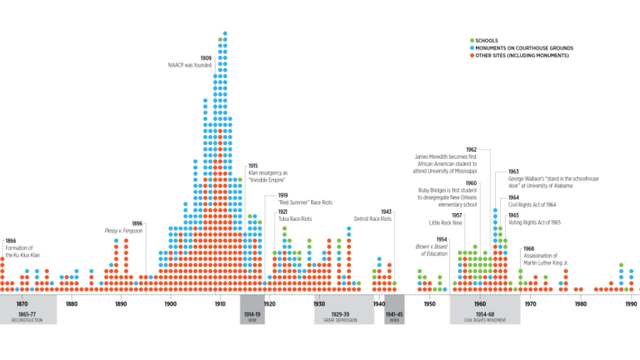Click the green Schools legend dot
tap(471, 41)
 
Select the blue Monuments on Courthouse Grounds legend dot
tap(471, 48)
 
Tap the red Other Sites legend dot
tap(471, 56)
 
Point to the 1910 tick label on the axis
tap(220, 304)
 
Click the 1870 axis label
tap(22, 304)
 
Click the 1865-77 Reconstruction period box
tap(27, 316)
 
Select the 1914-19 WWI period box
tap(252, 316)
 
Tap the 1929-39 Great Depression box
tap(340, 316)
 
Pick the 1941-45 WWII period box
tap(394, 316)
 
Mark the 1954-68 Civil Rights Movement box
tap(485, 316)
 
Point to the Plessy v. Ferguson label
tap(123, 230)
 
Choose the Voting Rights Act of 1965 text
tap(534, 222)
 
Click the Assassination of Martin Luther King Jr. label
tap(546, 259)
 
